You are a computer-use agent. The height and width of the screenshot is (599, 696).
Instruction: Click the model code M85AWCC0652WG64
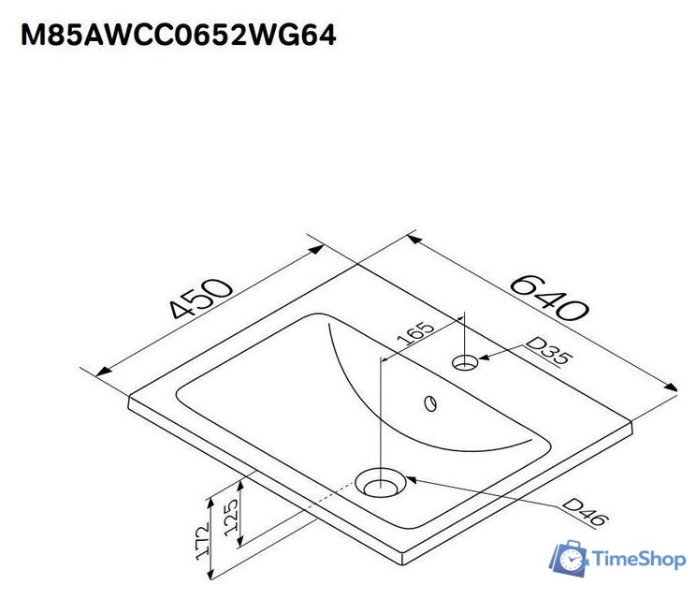pyautogui.click(x=179, y=35)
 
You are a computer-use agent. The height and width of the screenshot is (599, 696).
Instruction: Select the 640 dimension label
pyautogui.click(x=550, y=296)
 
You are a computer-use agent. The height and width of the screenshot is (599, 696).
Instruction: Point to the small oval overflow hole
pyautogui.click(x=430, y=403)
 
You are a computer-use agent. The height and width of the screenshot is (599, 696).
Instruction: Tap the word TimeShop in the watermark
pyautogui.click(x=640, y=560)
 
